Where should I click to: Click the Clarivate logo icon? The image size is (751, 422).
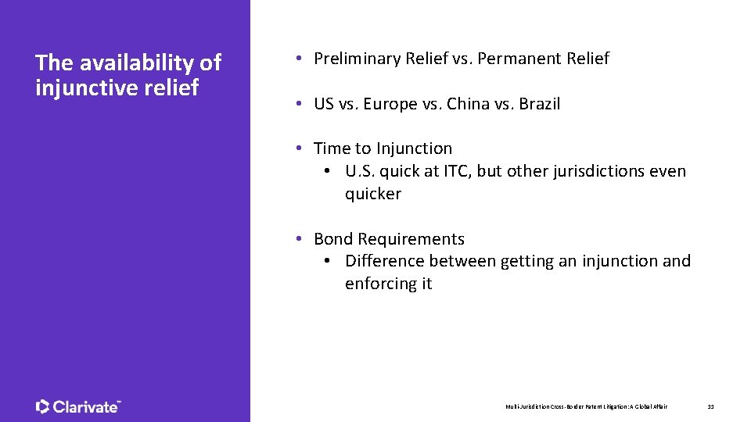click(43, 406)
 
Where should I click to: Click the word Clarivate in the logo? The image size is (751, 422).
click(85, 406)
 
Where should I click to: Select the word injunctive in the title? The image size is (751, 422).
click(88, 88)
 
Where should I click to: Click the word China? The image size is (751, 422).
click(469, 104)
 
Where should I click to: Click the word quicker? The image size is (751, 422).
click(372, 194)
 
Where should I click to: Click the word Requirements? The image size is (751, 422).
click(411, 239)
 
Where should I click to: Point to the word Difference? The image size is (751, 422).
click(383, 261)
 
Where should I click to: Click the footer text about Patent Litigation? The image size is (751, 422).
click(587, 406)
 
